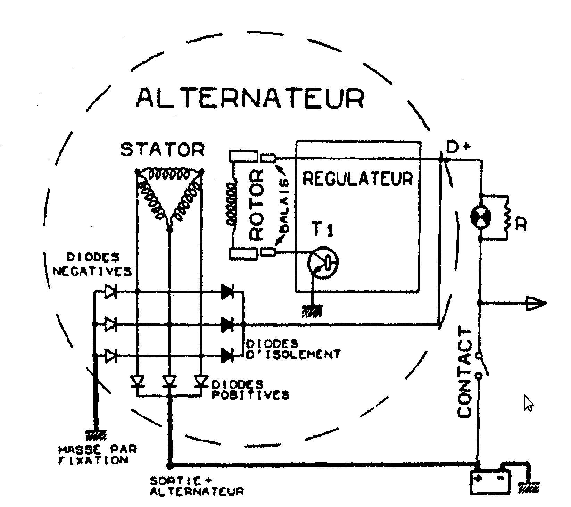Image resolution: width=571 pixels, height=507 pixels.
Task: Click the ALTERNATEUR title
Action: [x=250, y=98]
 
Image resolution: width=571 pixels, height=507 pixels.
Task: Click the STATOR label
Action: [x=162, y=149]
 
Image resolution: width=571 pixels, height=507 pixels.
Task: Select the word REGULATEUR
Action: [x=358, y=178]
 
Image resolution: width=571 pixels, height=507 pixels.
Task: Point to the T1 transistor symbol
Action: [x=323, y=262]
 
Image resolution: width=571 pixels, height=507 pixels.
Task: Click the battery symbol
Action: [x=490, y=482]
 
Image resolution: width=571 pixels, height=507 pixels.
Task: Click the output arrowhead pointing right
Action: [x=536, y=303]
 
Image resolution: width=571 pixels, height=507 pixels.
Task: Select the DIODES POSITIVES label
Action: [x=250, y=390]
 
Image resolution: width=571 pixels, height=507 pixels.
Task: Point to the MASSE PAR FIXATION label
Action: [x=98, y=455]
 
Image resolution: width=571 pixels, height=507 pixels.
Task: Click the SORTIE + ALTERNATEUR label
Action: [x=196, y=486]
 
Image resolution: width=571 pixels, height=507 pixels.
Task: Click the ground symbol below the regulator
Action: [x=313, y=310]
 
